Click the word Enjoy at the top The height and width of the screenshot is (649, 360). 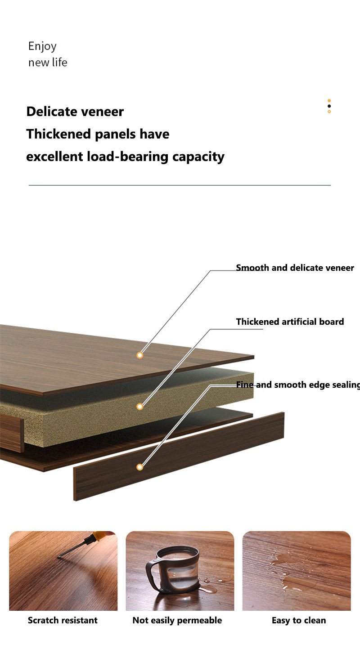(42, 46)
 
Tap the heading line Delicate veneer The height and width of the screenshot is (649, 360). (75, 112)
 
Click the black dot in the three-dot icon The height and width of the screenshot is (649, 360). (329, 106)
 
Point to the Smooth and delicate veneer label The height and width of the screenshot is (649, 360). (295, 268)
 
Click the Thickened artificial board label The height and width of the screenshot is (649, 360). (290, 322)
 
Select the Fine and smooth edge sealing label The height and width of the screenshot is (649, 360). (298, 385)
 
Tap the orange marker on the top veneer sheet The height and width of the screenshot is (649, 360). (139, 355)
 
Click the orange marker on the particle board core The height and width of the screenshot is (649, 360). (139, 407)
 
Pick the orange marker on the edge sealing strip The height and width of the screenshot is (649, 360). (139, 467)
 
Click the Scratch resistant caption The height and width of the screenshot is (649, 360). (63, 620)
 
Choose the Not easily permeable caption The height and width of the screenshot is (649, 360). (177, 620)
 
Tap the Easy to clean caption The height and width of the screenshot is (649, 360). (299, 620)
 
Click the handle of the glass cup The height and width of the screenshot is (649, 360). (152, 576)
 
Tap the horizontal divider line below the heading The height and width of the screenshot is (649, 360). (180, 185)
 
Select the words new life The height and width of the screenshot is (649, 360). (48, 63)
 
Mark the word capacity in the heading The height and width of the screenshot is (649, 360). (198, 157)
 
